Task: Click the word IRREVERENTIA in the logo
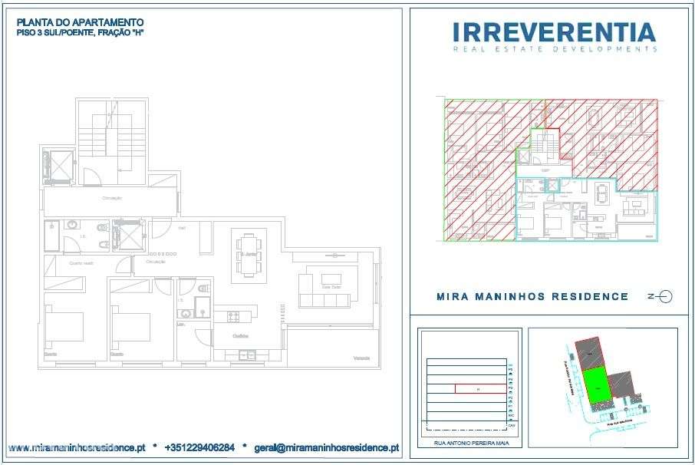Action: tap(554, 32)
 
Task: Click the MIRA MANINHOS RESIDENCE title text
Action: tap(532, 296)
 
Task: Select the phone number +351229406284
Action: tap(199, 447)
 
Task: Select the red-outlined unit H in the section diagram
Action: tap(479, 389)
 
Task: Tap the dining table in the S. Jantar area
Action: tap(249, 254)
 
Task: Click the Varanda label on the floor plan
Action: tap(361, 358)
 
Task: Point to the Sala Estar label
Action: tap(331, 287)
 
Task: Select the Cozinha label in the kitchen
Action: tap(242, 337)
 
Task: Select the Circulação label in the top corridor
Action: tap(112, 198)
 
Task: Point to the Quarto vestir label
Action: tap(81, 263)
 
